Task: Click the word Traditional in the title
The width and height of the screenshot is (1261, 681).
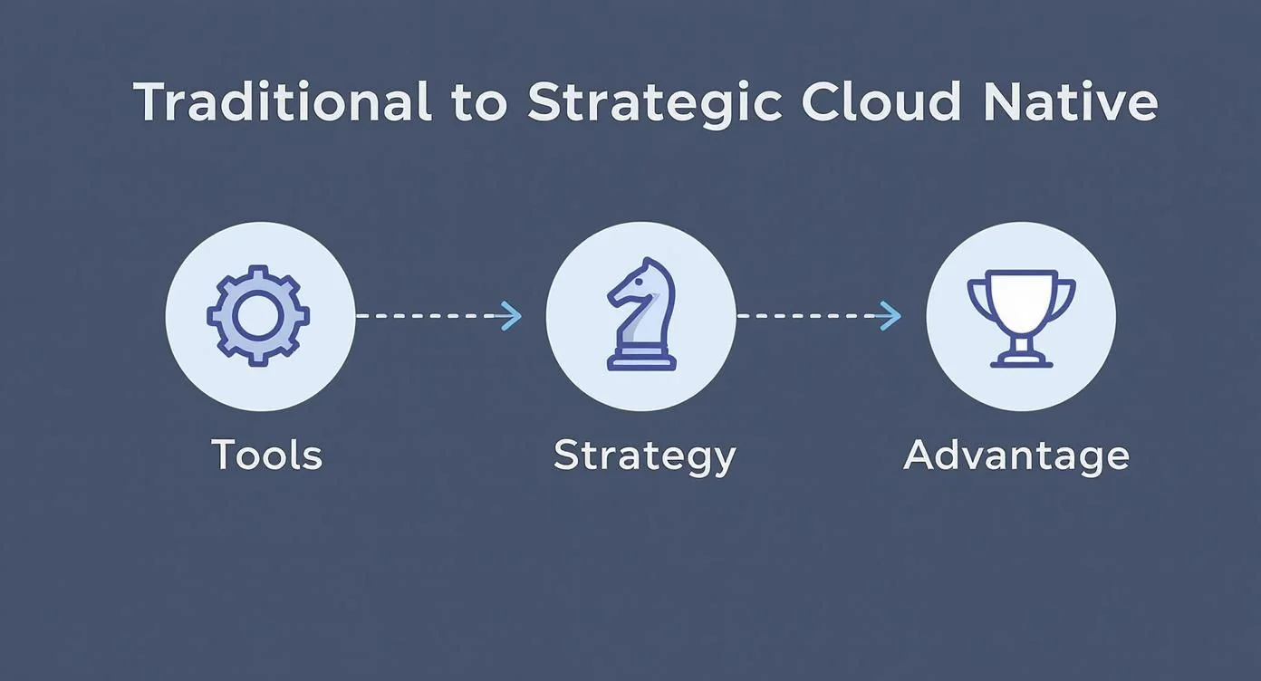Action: coord(283,102)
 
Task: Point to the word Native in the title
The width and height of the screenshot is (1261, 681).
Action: coord(1072,102)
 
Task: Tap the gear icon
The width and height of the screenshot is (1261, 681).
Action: coord(259,316)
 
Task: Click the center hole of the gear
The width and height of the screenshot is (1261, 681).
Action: coord(259,316)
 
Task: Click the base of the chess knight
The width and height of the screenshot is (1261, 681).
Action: coord(640,362)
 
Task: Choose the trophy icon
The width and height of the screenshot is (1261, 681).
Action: coord(1021,317)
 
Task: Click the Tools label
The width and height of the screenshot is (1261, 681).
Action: coord(266,454)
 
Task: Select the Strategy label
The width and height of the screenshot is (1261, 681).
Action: coord(644,456)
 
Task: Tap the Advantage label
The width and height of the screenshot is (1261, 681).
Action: coord(1016,454)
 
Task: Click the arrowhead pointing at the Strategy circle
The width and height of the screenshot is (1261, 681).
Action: coord(513,316)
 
